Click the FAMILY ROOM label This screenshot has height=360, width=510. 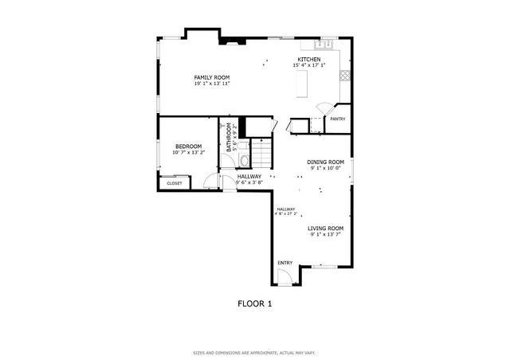(212, 77)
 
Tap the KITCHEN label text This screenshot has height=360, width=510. (309, 59)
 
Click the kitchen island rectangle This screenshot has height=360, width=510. (302, 83)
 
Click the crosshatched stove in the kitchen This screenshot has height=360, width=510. (345, 76)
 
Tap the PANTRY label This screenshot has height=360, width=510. (338, 119)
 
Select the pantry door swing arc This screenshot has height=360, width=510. (324, 108)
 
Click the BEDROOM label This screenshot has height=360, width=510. (189, 146)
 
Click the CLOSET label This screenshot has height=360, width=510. (174, 183)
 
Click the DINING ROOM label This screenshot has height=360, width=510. (326, 162)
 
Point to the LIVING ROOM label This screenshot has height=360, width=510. (326, 229)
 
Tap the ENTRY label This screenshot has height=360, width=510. (284, 262)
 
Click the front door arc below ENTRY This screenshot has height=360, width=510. (283, 276)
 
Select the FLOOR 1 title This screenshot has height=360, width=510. (255, 303)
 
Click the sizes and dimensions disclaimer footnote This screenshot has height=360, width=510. (255, 351)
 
